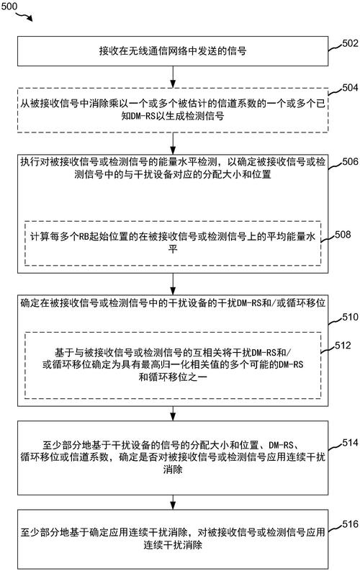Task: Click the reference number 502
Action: pyautogui.click(x=350, y=43)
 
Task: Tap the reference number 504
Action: pyautogui.click(x=350, y=87)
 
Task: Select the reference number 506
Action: pyautogui.click(x=350, y=161)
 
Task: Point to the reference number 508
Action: pyautogui.click(x=343, y=234)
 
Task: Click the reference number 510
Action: pyautogui.click(x=350, y=317)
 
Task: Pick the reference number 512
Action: pyautogui.click(x=343, y=345)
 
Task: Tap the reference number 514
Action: pyautogui.click(x=350, y=442)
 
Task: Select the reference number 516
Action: pyautogui.click(x=350, y=524)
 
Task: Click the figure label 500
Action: pyautogui.click(x=9, y=6)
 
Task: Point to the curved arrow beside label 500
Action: pyautogui.click(x=24, y=15)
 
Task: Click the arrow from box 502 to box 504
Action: pyautogui.click(x=173, y=77)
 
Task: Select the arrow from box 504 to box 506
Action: pyautogui.click(x=173, y=143)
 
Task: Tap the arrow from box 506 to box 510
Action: pyautogui.click(x=173, y=284)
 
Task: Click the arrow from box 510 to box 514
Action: pyautogui.click(x=173, y=413)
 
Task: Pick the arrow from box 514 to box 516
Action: pyautogui.click(x=173, y=502)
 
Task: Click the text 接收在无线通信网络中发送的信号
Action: pyautogui.click(x=173, y=50)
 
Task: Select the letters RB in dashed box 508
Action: pyautogui.click(x=84, y=237)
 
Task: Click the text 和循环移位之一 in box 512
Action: pyautogui.click(x=173, y=377)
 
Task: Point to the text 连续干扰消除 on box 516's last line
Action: pyautogui.click(x=173, y=545)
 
